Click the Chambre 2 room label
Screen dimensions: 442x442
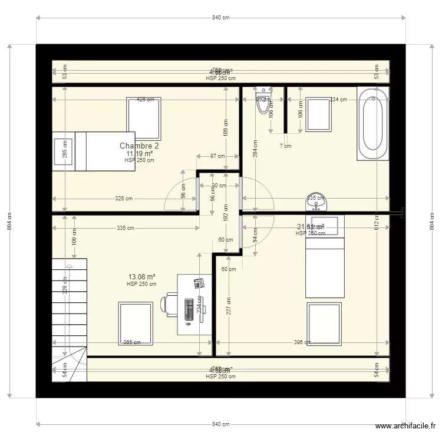click(x=139, y=146)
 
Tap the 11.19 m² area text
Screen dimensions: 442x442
click(x=139, y=153)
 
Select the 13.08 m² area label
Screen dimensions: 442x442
click(x=141, y=276)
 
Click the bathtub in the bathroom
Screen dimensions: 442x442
click(x=373, y=123)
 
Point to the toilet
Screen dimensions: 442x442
click(x=263, y=101)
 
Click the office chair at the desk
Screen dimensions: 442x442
click(x=169, y=305)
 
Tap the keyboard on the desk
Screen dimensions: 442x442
click(x=189, y=309)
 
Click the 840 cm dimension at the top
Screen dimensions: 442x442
click(x=220, y=18)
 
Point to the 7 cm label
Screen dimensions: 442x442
click(x=285, y=146)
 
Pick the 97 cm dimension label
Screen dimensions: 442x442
click(x=217, y=156)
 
